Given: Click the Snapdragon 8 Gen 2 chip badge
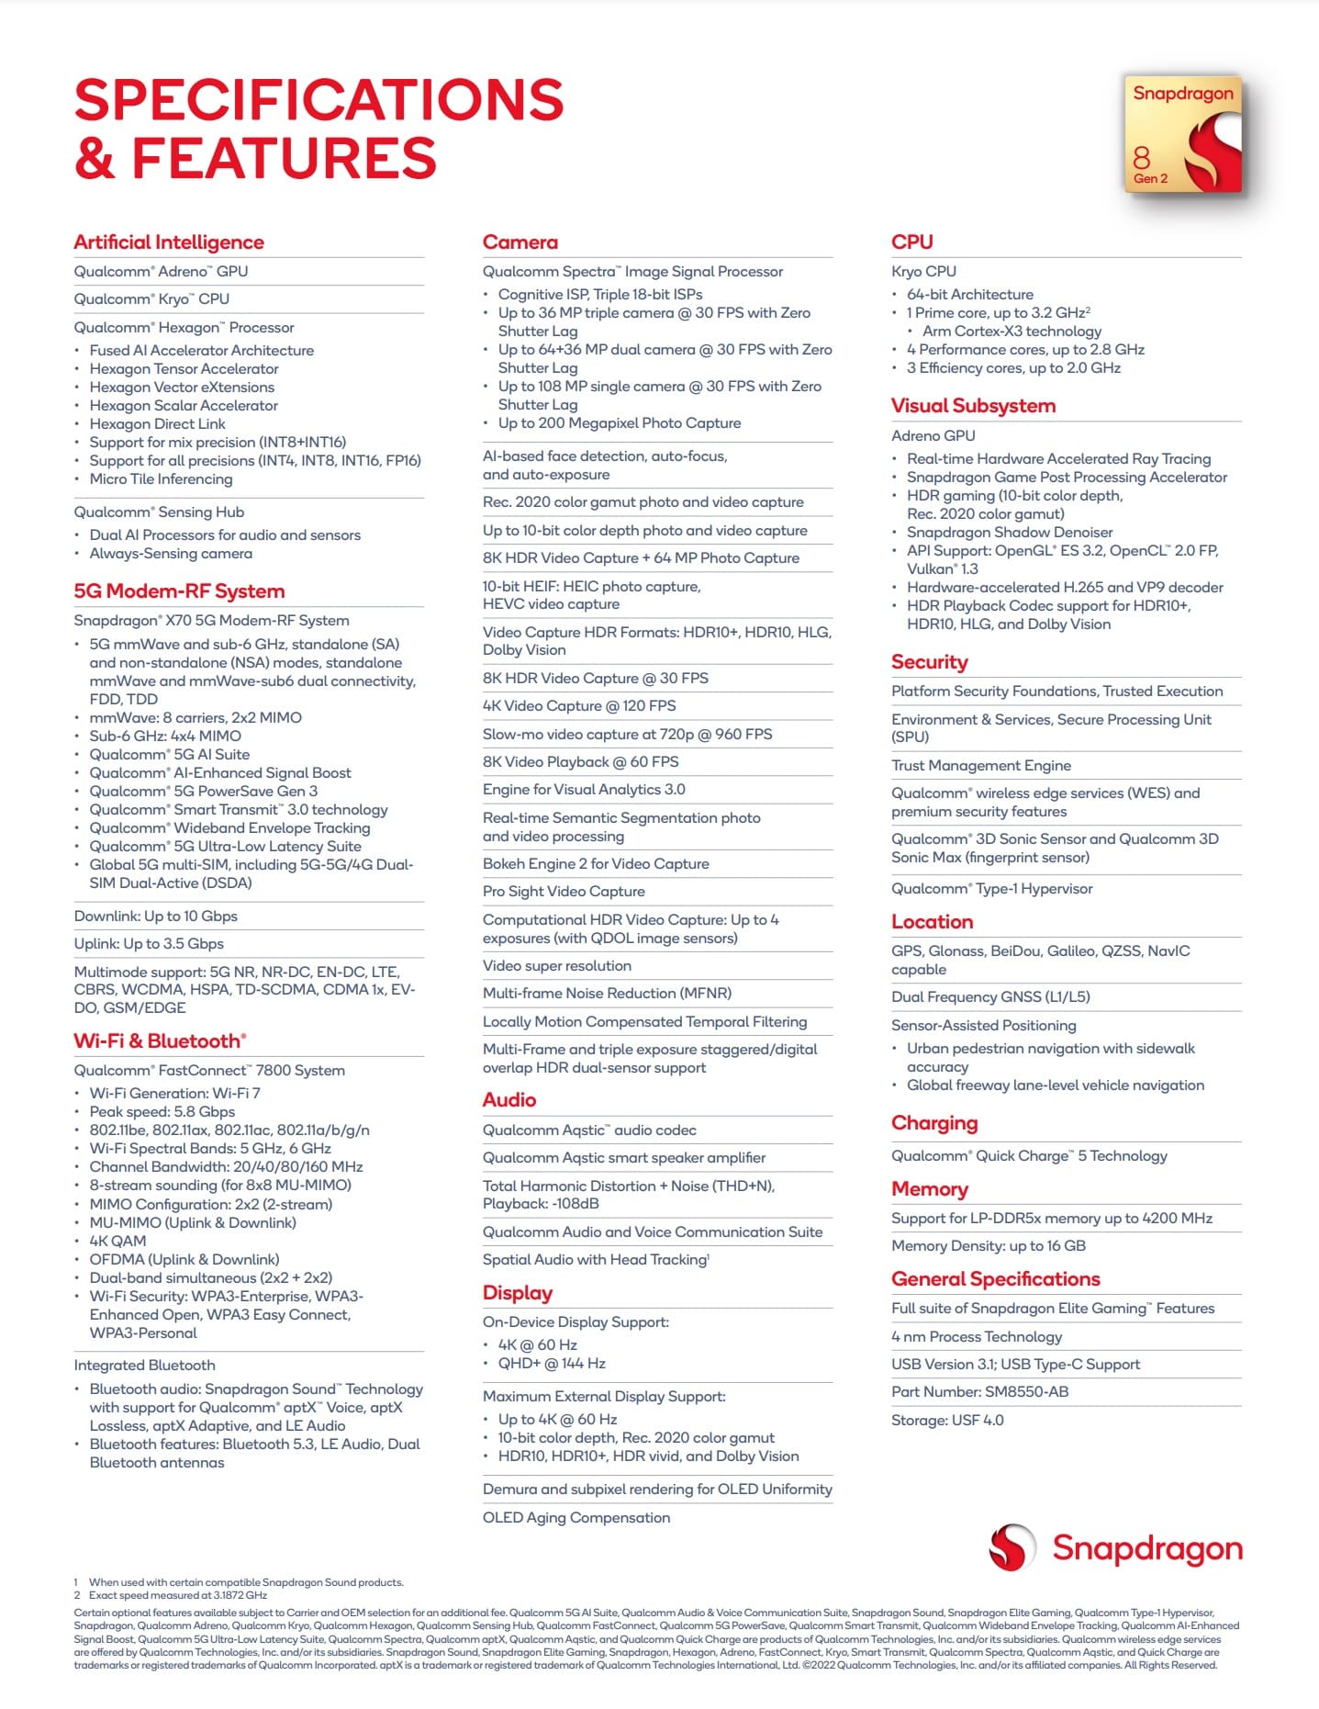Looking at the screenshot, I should click(x=1182, y=134).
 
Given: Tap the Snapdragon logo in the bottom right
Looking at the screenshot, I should click(x=1115, y=1547).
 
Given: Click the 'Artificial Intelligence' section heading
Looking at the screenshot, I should click(x=169, y=242).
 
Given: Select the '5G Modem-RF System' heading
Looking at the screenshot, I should click(x=179, y=591).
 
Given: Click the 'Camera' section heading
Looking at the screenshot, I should click(x=520, y=242).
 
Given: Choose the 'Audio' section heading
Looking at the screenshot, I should click(x=509, y=1100).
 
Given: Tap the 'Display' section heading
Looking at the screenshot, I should click(x=518, y=1293).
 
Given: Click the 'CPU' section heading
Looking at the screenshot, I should click(x=911, y=242).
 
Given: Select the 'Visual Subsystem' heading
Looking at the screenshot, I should click(x=973, y=406).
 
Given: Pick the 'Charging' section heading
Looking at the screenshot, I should click(x=934, y=1123).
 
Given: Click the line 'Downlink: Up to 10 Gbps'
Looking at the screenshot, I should click(x=156, y=916).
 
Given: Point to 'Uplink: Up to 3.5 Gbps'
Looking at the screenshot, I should click(x=149, y=944).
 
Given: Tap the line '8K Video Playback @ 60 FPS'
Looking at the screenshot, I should click(x=580, y=762).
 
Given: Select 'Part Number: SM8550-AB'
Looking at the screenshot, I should click(x=979, y=1392).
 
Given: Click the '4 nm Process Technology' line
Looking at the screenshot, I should click(x=977, y=1337).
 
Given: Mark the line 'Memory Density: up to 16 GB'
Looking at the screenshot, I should click(x=988, y=1246).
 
